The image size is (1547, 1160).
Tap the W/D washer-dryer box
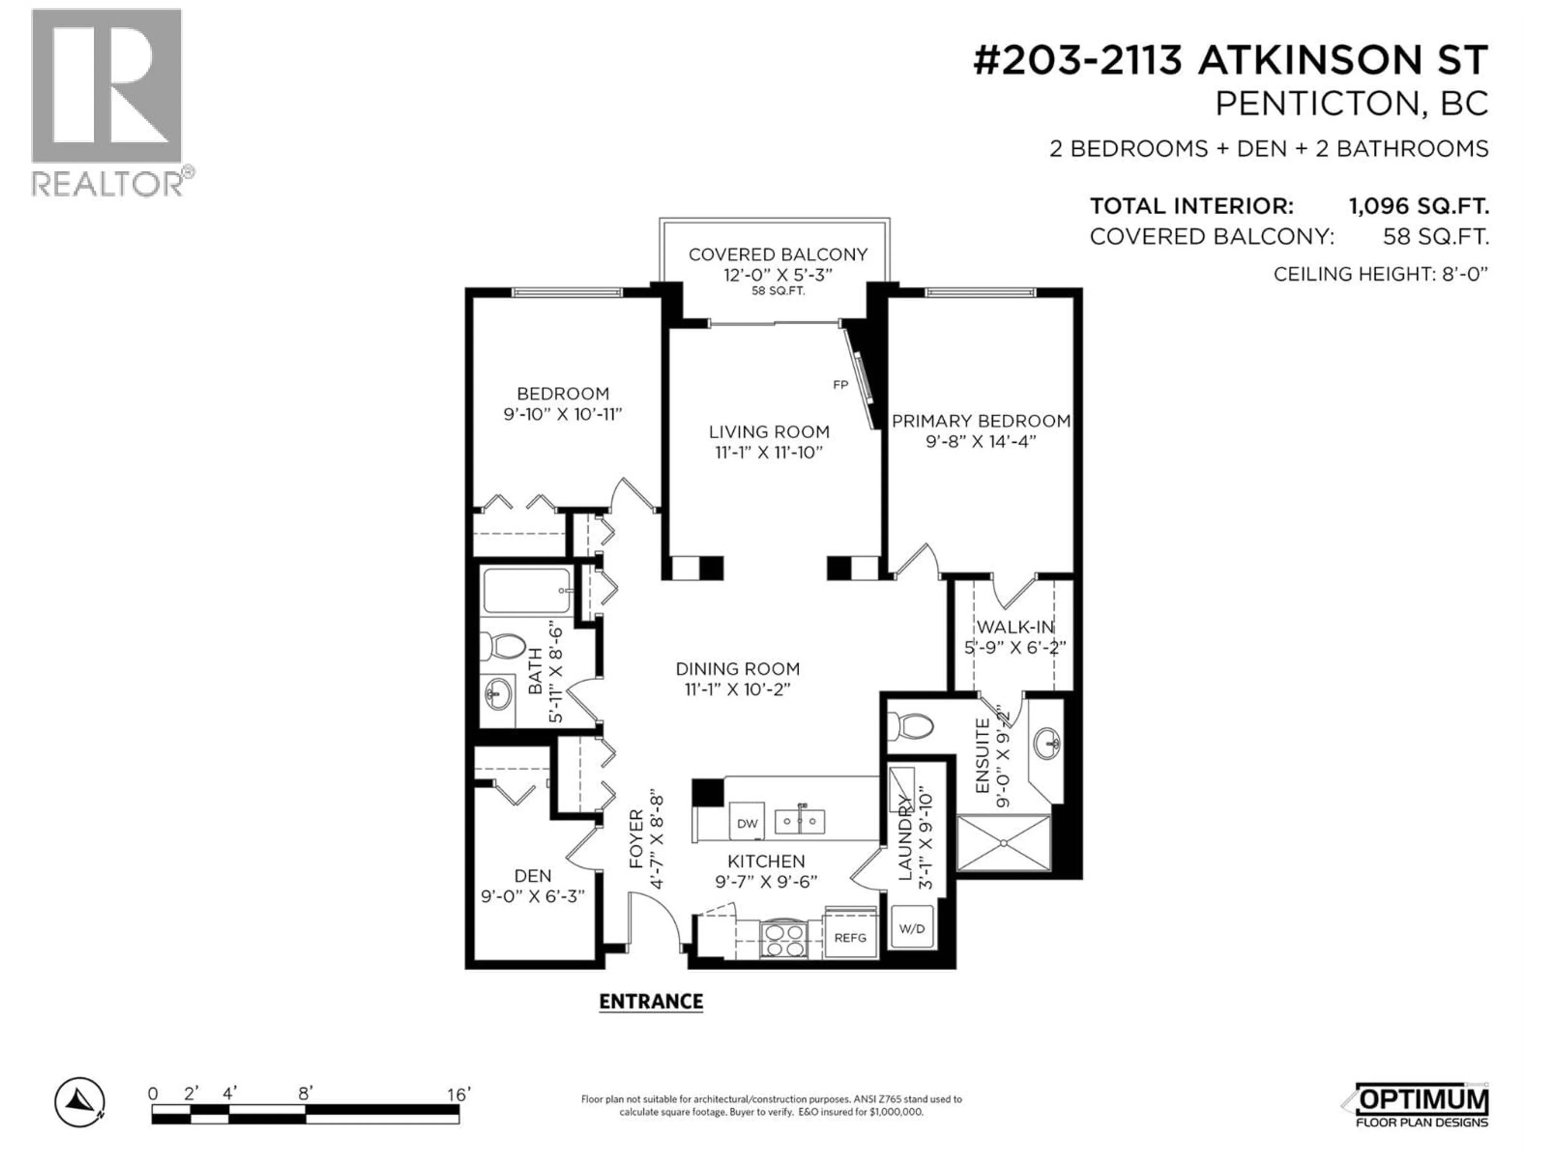[x=911, y=928]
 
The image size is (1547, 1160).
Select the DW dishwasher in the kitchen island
[x=747, y=823]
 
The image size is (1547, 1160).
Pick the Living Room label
[x=769, y=432]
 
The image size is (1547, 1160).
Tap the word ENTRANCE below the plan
[x=650, y=1001]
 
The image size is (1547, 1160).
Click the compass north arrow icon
[x=80, y=1103]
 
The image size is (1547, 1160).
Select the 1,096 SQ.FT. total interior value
[x=1418, y=206]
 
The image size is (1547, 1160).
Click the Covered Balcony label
[x=778, y=255]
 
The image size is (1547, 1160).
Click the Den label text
[x=533, y=875]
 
